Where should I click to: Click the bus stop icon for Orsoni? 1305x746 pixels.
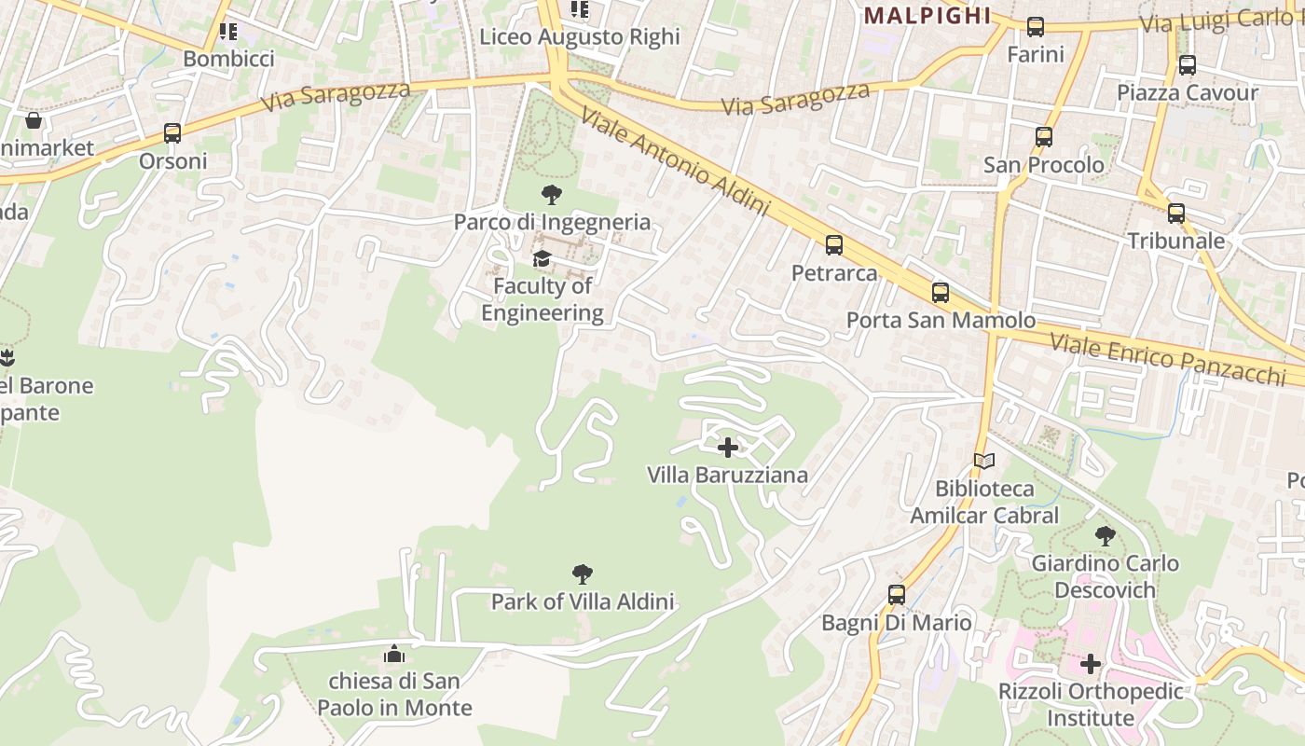click(172, 133)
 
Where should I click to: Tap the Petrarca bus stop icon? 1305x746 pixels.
click(834, 245)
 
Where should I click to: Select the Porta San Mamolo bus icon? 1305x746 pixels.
click(941, 293)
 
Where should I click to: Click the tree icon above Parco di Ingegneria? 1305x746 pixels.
click(551, 195)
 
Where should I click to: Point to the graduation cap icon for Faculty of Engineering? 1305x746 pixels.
click(542, 258)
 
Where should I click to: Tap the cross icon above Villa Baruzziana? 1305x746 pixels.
click(728, 448)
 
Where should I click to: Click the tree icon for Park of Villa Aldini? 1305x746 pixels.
click(583, 573)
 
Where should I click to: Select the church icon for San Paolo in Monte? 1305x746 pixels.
click(394, 654)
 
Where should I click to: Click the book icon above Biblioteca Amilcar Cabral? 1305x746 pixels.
click(984, 461)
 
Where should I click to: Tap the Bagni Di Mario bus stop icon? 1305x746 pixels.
click(897, 595)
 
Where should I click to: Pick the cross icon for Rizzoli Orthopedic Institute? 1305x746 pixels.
click(1090, 664)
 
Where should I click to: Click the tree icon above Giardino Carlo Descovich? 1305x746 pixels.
click(1105, 535)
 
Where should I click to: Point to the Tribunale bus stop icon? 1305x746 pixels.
click(1176, 214)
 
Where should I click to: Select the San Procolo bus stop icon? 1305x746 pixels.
click(1044, 137)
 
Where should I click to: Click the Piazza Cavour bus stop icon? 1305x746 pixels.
click(1188, 65)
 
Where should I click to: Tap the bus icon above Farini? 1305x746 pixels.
click(1036, 27)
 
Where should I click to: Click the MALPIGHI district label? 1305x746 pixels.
click(927, 16)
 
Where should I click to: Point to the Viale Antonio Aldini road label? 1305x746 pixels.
click(676, 161)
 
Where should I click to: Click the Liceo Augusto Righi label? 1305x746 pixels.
click(580, 37)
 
